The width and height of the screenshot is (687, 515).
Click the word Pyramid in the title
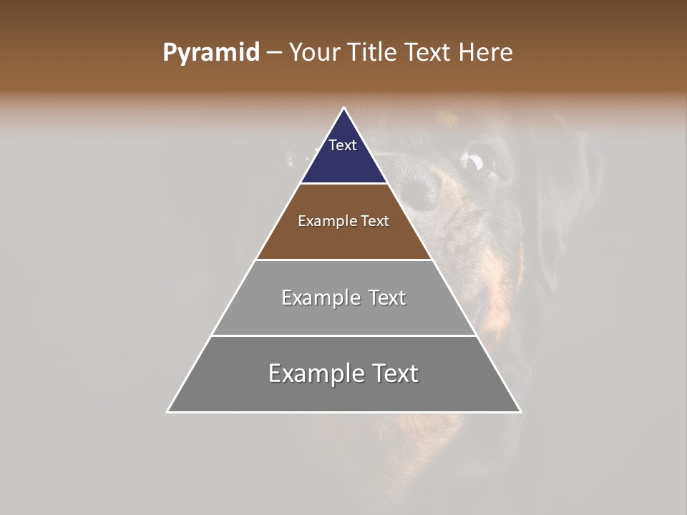(x=210, y=53)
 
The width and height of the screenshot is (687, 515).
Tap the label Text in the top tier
(x=343, y=145)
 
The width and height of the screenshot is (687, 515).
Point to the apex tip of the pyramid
(x=344, y=108)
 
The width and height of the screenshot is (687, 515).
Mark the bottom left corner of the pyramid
(x=167, y=411)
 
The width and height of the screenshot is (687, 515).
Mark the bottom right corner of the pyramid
(x=520, y=411)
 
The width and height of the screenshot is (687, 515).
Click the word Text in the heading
(x=428, y=53)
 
